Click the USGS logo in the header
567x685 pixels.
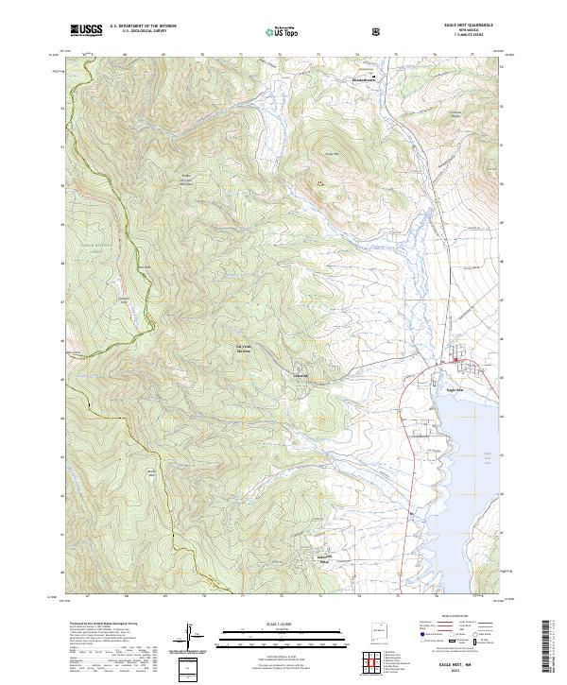point(86,30)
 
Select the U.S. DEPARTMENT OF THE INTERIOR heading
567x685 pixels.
point(144,26)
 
